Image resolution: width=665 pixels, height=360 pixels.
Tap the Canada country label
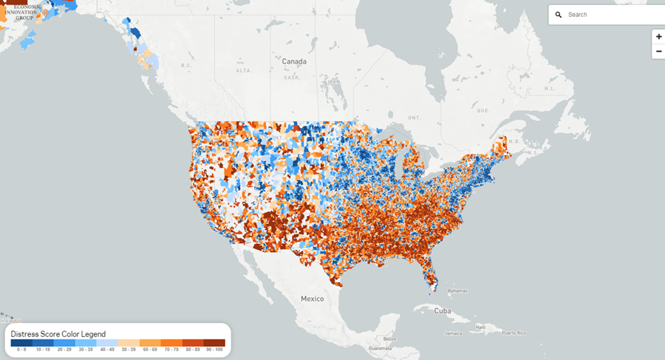click(293, 61)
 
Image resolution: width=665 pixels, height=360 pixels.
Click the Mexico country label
click(312, 299)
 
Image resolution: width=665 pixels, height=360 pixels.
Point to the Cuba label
click(442, 310)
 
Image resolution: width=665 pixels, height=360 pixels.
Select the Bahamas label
click(459, 291)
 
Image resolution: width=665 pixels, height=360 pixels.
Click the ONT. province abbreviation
click(414, 118)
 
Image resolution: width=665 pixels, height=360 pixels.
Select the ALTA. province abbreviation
click(243, 71)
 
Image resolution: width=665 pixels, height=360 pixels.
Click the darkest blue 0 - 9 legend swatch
click(20, 342)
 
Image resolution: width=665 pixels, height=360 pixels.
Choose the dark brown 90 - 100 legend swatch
click(214, 342)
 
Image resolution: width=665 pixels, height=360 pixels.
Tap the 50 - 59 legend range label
click(128, 350)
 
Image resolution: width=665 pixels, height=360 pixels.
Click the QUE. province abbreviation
click(485, 110)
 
